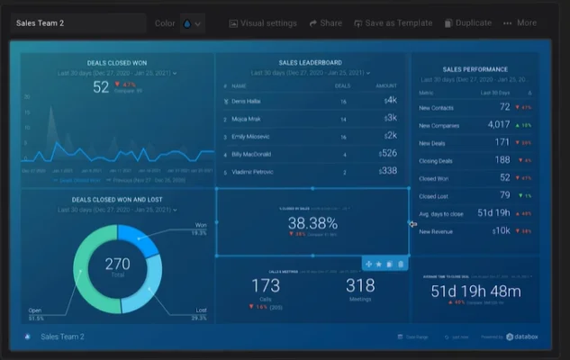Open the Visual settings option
tap(263, 23)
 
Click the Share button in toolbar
tap(325, 23)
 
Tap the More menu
tap(520, 23)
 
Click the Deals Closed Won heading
tap(117, 63)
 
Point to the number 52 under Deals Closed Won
tap(101, 87)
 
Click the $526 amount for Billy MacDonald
tap(387, 153)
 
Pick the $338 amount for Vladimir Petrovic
tap(387, 170)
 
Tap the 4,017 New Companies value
tap(498, 124)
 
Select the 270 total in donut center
tap(117, 264)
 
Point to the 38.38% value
tap(312, 222)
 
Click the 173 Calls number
tap(266, 286)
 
